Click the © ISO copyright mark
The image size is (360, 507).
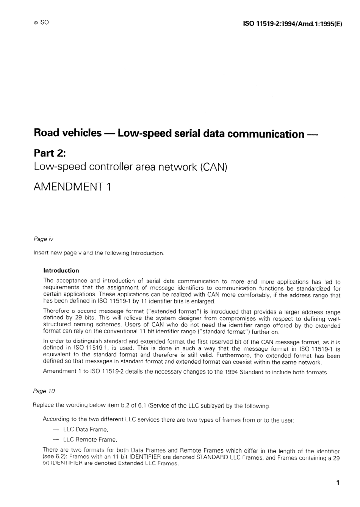tap(41, 22)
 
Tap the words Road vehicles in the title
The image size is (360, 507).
tap(67, 133)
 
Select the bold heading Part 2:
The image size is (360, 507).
tap(50, 153)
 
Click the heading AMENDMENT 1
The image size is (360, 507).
tap(72, 187)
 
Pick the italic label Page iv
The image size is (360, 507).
tap(43, 239)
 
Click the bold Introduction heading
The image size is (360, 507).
tap(61, 270)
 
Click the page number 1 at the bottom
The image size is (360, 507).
tap(338, 483)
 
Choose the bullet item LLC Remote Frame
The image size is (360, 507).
tap(90, 440)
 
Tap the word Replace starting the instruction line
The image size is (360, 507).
tap(44, 405)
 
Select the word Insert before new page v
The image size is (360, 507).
tap(41, 253)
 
